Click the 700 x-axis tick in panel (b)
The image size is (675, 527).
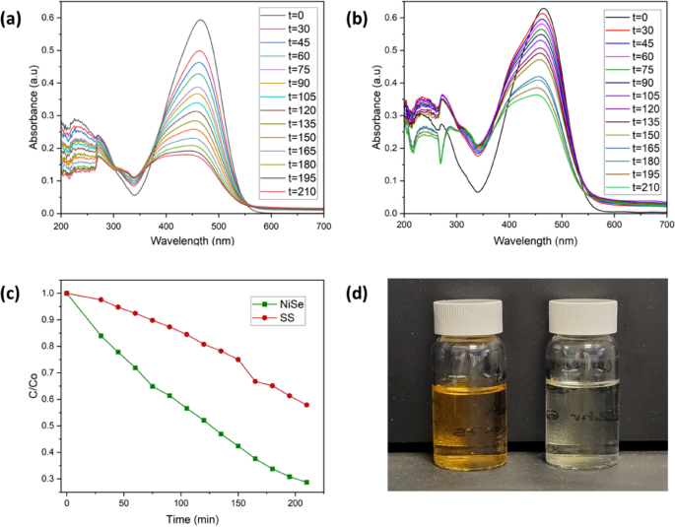click(665, 226)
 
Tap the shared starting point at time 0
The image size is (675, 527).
click(67, 293)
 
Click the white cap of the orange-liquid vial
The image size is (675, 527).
click(469, 312)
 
